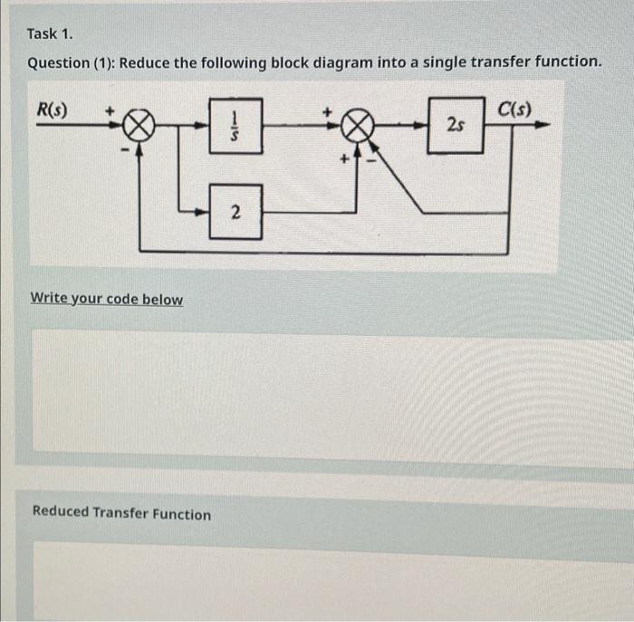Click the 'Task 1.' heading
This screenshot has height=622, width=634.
tap(49, 33)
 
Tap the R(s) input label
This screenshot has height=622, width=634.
tap(51, 109)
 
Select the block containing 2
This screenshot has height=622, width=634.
tap(235, 213)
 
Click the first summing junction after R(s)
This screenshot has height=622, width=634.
tap(138, 127)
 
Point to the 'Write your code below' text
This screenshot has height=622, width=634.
tap(107, 299)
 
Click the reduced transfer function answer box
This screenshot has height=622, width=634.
tap(317, 579)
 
